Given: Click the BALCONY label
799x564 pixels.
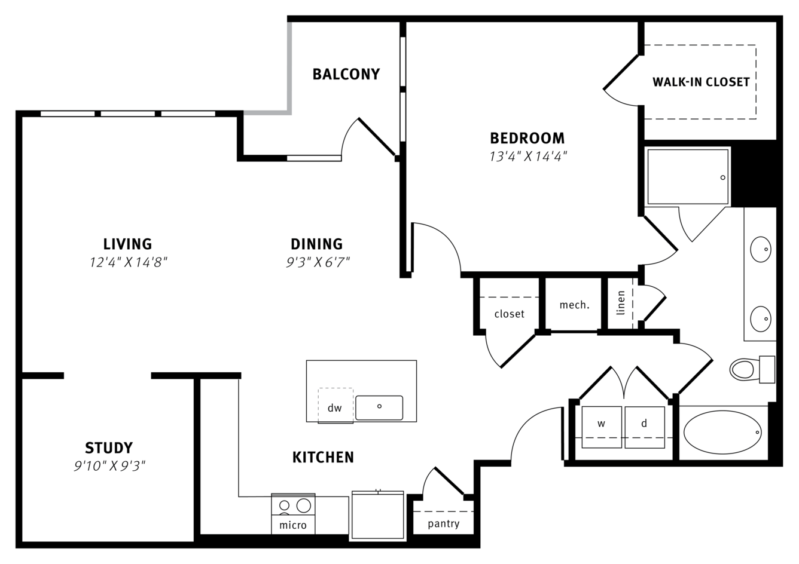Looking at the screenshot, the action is coord(346,74).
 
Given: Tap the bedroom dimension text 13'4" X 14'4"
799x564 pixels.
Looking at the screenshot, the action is coord(527,157).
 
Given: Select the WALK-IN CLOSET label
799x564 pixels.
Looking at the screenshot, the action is coord(701,82).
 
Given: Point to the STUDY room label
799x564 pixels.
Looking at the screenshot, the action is coord(109,447).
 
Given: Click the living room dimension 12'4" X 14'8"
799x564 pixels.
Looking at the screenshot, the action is coord(128,262).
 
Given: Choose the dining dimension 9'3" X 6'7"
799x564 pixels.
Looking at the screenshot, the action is coord(318,262).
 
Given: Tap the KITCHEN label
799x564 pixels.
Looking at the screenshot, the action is coord(323,457).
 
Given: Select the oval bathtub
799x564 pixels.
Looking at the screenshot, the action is coord(722,432).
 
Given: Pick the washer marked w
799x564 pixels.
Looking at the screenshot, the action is coord(602,427).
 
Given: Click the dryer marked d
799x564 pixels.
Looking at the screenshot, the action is coord(645,427).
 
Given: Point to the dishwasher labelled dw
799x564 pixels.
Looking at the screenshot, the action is coord(336,406).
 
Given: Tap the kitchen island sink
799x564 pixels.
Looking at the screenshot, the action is coord(379,407).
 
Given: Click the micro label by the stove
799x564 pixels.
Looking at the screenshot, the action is coord(293,525).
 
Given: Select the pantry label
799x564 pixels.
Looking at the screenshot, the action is coord(443,524).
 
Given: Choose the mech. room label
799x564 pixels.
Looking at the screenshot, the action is coord(574,305).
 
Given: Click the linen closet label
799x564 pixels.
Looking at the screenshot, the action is coord(621,303).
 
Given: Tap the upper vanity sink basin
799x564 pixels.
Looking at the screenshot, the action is coord(761,249).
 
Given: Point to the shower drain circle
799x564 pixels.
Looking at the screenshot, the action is coord(723,177).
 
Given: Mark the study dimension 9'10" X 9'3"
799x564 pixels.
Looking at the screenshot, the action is coord(110,466).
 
